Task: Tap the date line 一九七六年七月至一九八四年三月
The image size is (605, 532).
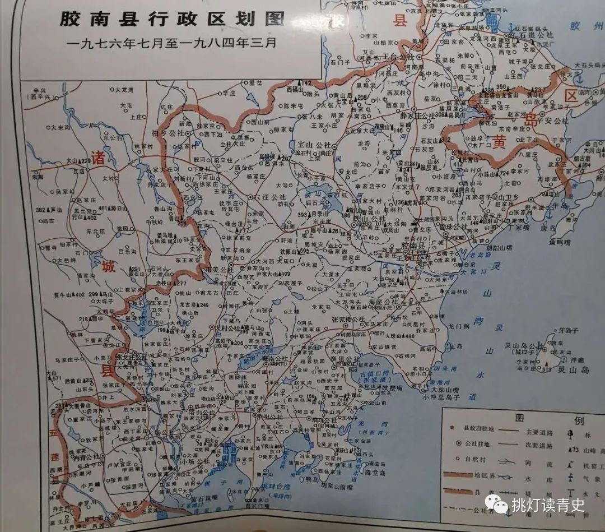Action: [171, 43]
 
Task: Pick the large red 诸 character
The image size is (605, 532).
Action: [99, 156]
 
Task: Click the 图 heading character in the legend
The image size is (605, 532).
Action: [520, 418]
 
